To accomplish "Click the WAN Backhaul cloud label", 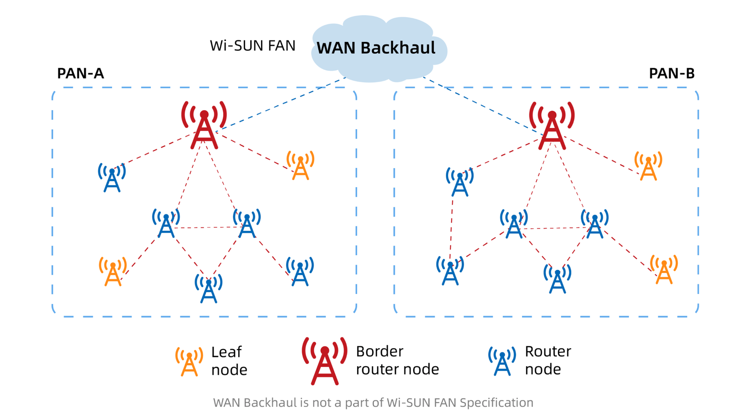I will pyautogui.click(x=376, y=48).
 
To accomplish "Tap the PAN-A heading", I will pyautogui.click(x=80, y=73).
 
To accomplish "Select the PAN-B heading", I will pyautogui.click(x=671, y=73).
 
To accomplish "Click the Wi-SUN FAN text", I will pyautogui.click(x=253, y=46).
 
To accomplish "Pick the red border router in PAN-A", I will pyautogui.click(x=204, y=126).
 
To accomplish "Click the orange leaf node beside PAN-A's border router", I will pyautogui.click(x=300, y=166).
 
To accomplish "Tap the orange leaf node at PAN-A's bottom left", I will pyautogui.click(x=113, y=272).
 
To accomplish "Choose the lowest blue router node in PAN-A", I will pyautogui.click(x=208, y=289).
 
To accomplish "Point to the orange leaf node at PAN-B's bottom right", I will pyautogui.click(x=663, y=270).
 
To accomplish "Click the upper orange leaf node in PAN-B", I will pyautogui.click(x=648, y=167).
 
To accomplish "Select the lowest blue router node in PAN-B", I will pyautogui.click(x=557, y=280).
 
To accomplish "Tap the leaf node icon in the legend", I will pyautogui.click(x=189, y=362).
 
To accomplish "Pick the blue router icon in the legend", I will pyautogui.click(x=502, y=361).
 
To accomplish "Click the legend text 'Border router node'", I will pyautogui.click(x=397, y=360).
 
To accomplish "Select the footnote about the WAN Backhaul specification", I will pyautogui.click(x=373, y=402).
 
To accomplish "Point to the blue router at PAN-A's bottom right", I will pyautogui.click(x=300, y=272).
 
